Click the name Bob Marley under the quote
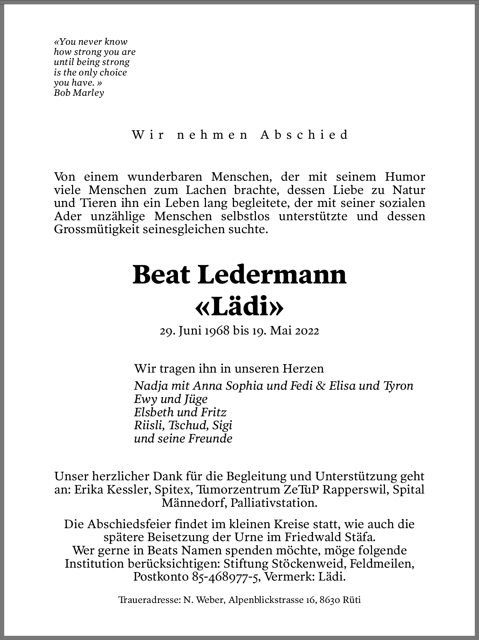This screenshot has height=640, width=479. pos(79,93)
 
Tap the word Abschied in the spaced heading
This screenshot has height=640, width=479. pos(304,135)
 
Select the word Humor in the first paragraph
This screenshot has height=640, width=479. pos(405,177)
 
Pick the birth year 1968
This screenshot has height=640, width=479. pos(217,331)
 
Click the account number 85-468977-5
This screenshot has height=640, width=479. pos(226,577)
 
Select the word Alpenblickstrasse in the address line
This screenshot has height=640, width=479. pos(267,601)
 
